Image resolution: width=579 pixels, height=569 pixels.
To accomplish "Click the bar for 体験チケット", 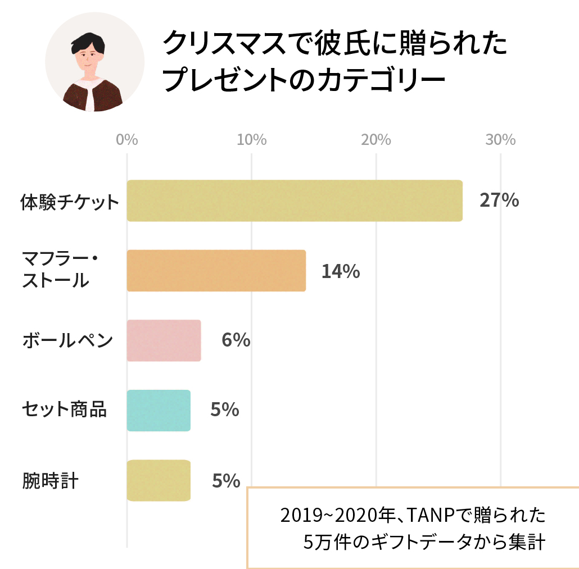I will pyautogui.click(x=294, y=201).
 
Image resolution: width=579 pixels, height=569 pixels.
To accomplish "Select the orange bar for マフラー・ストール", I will pyautogui.click(x=216, y=271).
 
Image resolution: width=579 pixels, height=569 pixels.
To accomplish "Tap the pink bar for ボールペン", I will pyautogui.click(x=164, y=340).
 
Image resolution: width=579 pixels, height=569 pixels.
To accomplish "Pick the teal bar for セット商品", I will pyautogui.click(x=159, y=411).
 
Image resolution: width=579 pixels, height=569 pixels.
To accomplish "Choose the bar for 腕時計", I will pyautogui.click(x=159, y=480).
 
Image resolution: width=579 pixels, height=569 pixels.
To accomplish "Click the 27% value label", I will pyautogui.click(x=499, y=201).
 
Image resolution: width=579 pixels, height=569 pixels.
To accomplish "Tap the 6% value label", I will pyautogui.click(x=236, y=340).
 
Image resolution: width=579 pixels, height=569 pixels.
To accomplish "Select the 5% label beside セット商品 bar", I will pyautogui.click(x=225, y=411).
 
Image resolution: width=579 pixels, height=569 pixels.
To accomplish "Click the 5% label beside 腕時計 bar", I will pyautogui.click(x=226, y=481).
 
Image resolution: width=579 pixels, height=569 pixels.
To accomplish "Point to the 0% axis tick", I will pyautogui.click(x=127, y=140).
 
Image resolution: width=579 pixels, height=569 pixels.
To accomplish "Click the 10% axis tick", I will pyautogui.click(x=251, y=140).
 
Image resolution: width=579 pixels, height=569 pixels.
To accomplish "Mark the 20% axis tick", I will pyautogui.click(x=376, y=140).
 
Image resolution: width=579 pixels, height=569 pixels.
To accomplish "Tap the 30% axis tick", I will pyautogui.click(x=500, y=140).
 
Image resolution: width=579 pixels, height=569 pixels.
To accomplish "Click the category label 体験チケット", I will pyautogui.click(x=70, y=201).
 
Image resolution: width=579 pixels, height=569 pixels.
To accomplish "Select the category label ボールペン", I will pyautogui.click(x=67, y=340).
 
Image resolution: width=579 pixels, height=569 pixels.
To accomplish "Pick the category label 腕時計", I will pyautogui.click(x=50, y=481).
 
